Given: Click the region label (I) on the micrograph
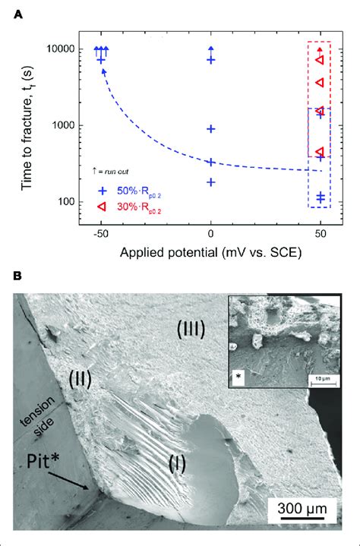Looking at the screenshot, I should point(178,460).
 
